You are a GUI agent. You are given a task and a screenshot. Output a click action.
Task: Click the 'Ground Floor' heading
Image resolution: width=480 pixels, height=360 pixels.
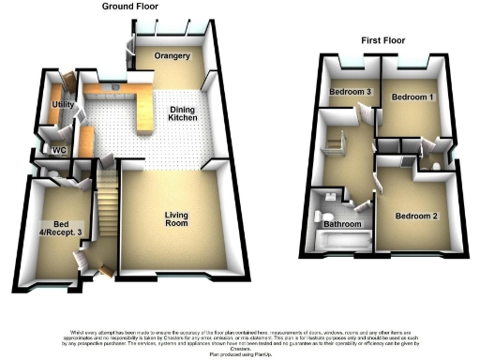(x=131, y=6)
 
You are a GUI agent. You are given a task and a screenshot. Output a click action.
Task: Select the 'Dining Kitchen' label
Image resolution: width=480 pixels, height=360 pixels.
(x=183, y=113)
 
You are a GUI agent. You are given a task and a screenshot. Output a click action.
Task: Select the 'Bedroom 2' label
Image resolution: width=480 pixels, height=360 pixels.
(x=416, y=217)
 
